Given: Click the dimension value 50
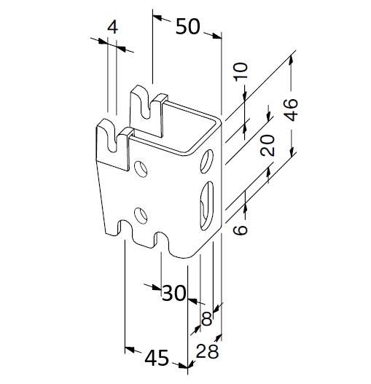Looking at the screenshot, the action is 188,26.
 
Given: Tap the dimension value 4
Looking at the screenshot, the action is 112,28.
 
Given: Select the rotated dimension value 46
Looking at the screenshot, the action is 292,110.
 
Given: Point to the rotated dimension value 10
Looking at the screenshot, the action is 241,71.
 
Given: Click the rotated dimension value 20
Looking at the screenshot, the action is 267,146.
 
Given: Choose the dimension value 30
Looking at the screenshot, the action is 173,293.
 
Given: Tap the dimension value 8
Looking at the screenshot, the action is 206,319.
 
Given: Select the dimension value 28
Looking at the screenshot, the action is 207,351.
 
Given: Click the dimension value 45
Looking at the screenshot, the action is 157,358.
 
